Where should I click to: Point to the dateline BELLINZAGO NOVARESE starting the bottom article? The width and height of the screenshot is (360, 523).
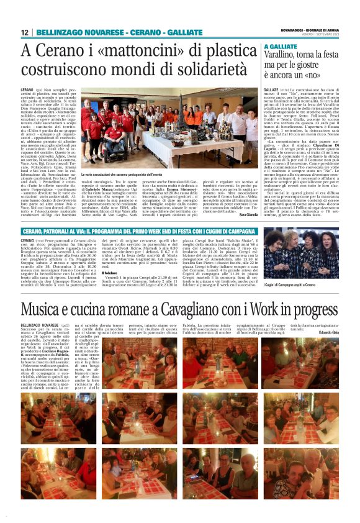click(40, 324)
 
